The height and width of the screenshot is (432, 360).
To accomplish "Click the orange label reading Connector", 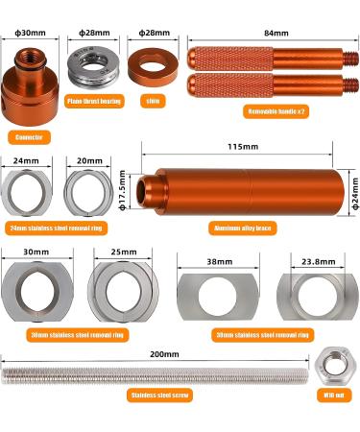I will [31, 137].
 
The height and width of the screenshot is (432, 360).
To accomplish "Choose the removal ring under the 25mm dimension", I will [121, 288].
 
